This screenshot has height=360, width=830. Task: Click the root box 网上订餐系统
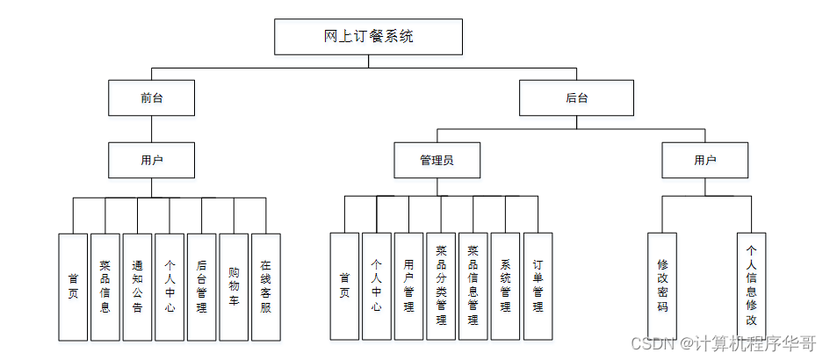(x=368, y=36)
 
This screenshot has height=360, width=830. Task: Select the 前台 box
(x=151, y=98)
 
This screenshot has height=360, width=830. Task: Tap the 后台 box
(x=576, y=98)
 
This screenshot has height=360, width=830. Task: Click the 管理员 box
(x=437, y=161)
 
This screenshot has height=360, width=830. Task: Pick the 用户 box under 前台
(x=151, y=161)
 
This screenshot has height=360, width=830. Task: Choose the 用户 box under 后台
(x=704, y=161)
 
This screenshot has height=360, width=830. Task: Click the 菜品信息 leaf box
(x=105, y=286)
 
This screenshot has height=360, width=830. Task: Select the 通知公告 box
(x=137, y=286)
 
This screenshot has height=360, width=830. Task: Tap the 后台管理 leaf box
(x=202, y=286)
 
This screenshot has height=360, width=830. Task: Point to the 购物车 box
(x=234, y=286)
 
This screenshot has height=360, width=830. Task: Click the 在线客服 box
(x=266, y=286)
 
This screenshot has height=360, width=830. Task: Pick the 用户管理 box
(x=408, y=286)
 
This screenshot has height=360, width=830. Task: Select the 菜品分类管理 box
(x=441, y=286)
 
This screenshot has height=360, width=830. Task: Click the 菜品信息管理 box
(x=473, y=286)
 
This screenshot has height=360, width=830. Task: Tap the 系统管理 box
(x=505, y=286)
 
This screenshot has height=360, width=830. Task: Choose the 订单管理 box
(x=538, y=286)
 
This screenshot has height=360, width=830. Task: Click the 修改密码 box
(x=662, y=286)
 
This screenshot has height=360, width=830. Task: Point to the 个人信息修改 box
(x=751, y=286)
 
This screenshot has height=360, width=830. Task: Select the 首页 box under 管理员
(x=344, y=286)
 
